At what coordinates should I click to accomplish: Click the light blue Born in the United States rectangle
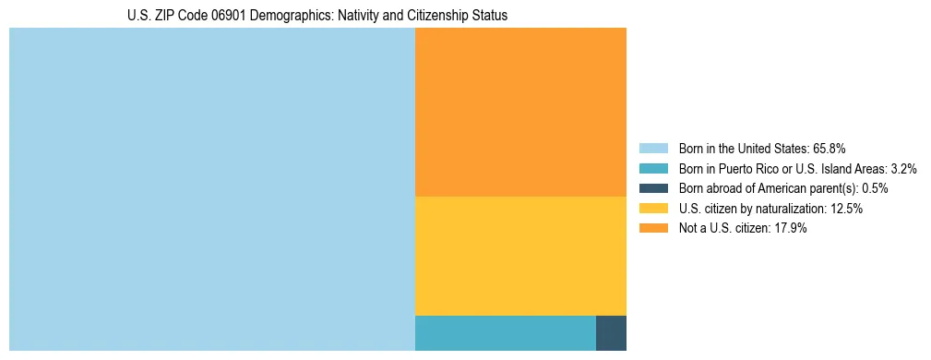coord(212,189)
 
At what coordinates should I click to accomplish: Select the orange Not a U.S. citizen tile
coord(520,112)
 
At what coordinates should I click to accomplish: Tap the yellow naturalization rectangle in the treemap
coord(520,256)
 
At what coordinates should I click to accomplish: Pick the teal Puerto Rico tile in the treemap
coord(505,332)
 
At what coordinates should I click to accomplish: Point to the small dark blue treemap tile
coord(611,332)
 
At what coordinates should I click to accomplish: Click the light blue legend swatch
coord(653,149)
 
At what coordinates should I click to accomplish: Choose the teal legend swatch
coord(653,169)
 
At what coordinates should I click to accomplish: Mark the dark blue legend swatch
coord(653,188)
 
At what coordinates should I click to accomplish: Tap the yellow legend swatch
coord(653,209)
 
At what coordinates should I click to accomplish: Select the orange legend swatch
coord(653,228)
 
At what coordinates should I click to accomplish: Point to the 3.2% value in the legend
coord(902,169)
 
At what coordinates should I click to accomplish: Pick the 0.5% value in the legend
coord(875,188)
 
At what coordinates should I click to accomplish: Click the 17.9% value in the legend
coord(790,228)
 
